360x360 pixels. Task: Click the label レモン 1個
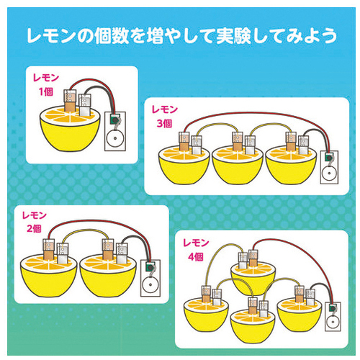pyautogui.click(x=46, y=85)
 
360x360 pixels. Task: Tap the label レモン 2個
pyautogui.click(x=34, y=222)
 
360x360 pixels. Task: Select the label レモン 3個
pyautogui.click(x=165, y=117)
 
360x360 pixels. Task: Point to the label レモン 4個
pyautogui.click(x=196, y=250)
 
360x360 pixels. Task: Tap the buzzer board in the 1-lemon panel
pyautogui.click(x=115, y=131)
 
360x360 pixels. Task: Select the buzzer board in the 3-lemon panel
pyautogui.click(x=329, y=167)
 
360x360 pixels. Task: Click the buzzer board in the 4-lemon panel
pyautogui.click(x=333, y=317)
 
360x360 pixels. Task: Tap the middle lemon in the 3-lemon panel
pyautogui.click(x=237, y=165)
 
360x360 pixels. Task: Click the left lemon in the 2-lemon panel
pyautogui.click(x=48, y=276)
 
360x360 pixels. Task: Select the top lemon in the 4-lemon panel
pyautogui.click(x=253, y=279)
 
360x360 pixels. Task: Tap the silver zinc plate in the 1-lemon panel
pyautogui.click(x=85, y=105)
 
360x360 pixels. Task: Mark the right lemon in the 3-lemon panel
pyautogui.click(x=291, y=165)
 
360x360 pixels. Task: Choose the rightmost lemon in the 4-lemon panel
pyautogui.click(x=300, y=315)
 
